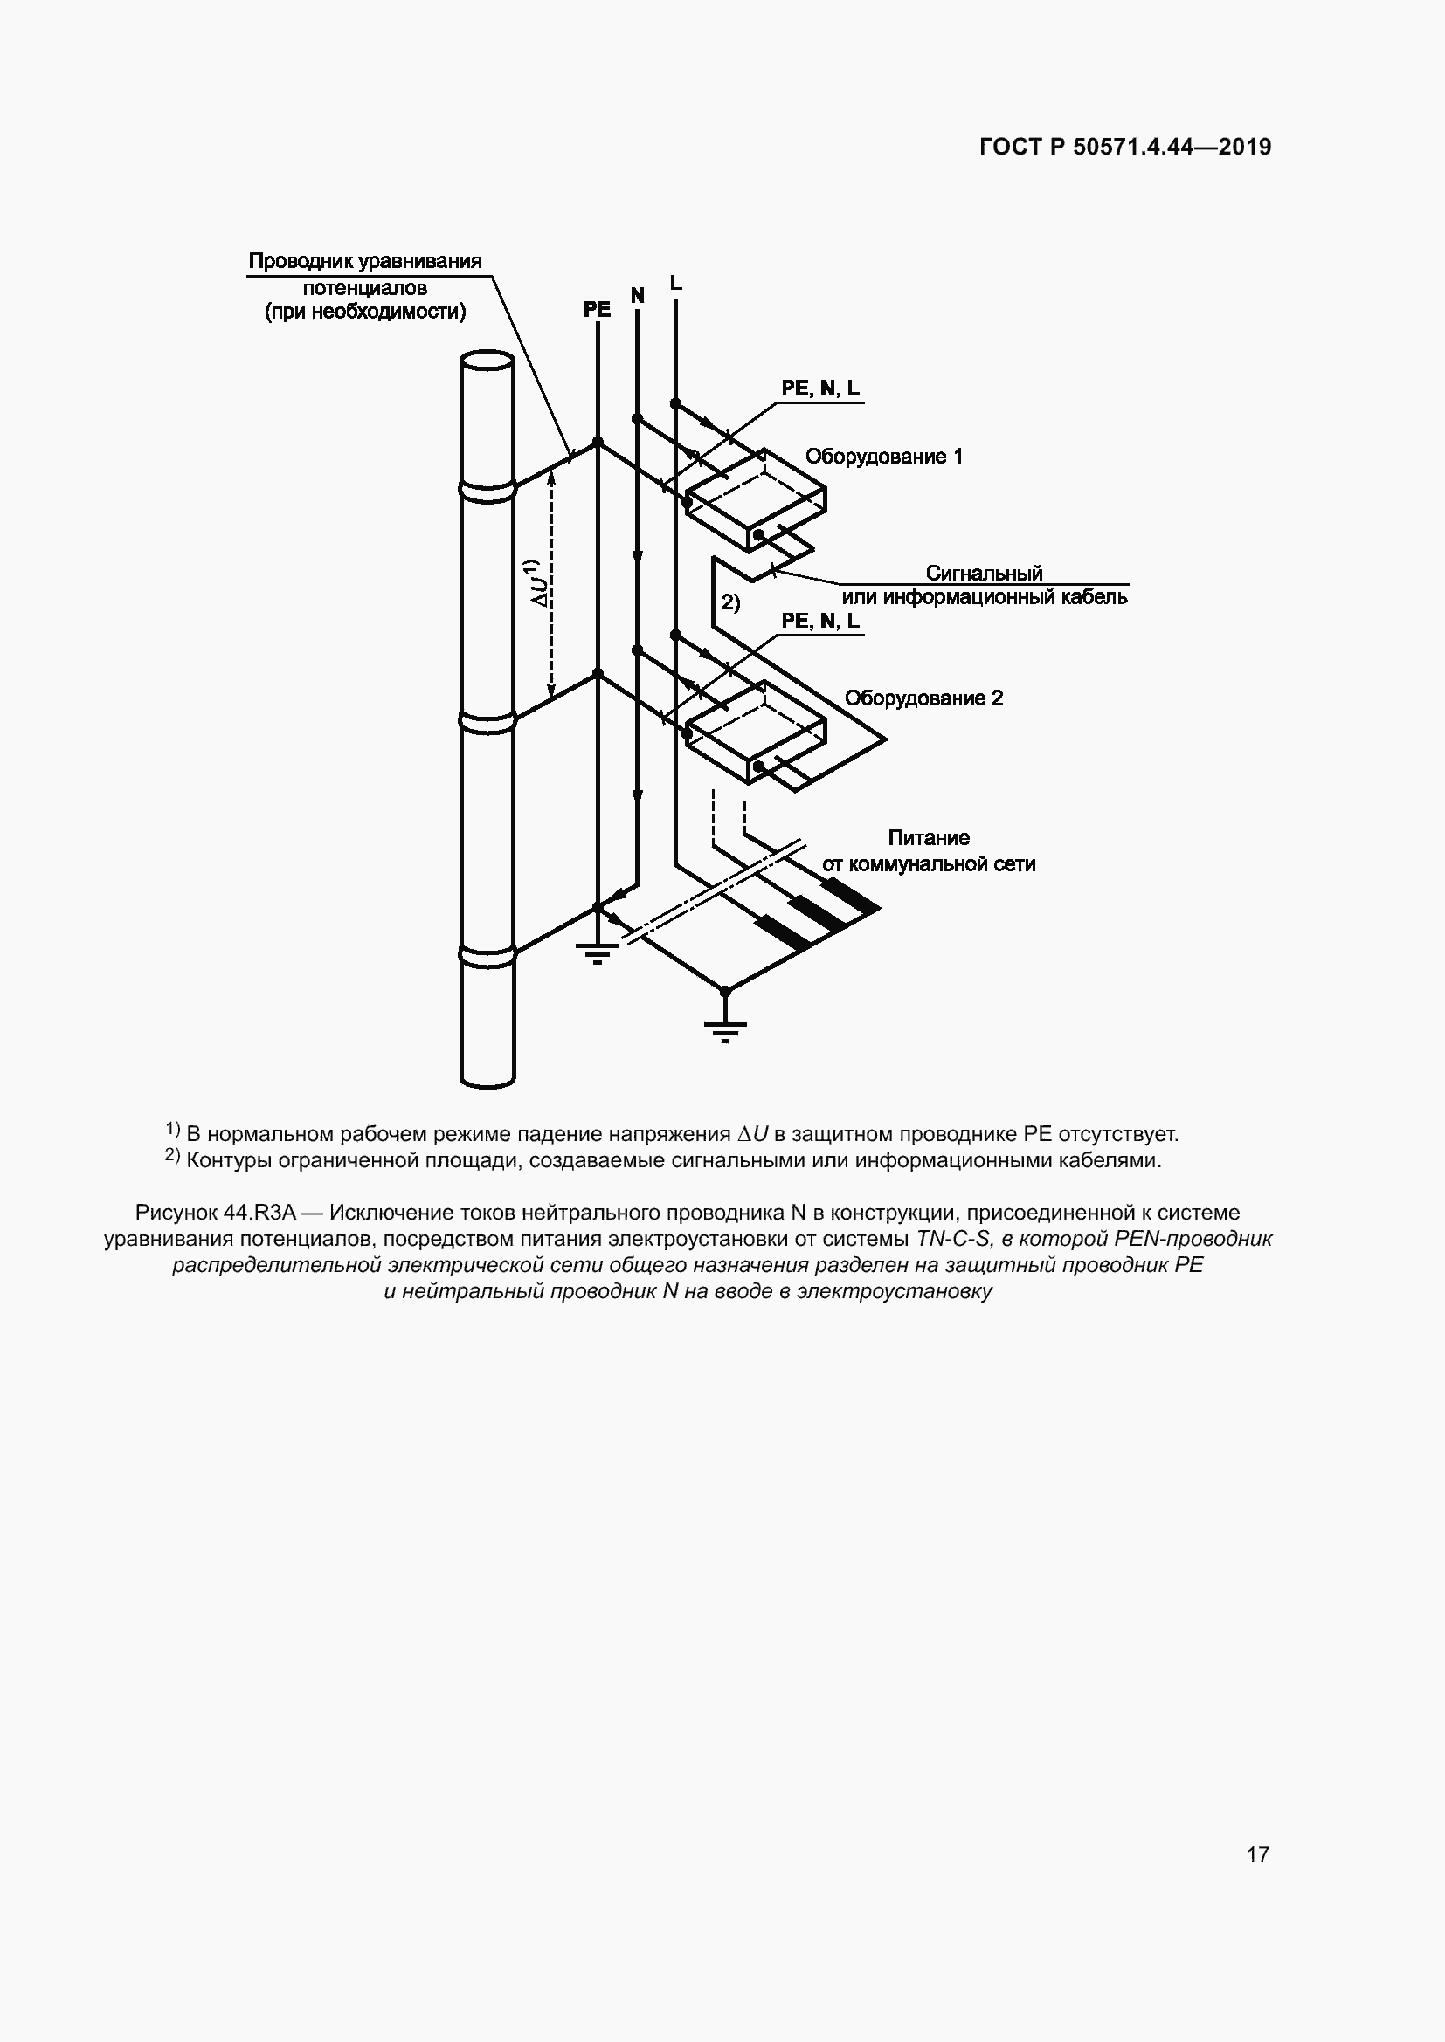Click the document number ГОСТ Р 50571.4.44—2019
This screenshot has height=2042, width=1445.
(1124, 148)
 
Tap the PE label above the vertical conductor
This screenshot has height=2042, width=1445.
(597, 310)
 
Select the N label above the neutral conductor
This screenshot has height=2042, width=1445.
(637, 295)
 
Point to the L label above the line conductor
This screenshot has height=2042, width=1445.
(675, 284)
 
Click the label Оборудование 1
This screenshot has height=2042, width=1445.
(883, 457)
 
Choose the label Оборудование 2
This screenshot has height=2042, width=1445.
(923, 698)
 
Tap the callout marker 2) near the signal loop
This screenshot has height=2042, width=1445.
(729, 603)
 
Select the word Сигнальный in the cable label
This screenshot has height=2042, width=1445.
(983, 573)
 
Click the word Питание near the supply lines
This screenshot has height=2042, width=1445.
(928, 838)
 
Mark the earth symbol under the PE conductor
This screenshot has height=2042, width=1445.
(597, 953)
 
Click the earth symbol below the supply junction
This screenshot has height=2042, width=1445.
(725, 1030)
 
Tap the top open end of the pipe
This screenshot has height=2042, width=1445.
(487, 362)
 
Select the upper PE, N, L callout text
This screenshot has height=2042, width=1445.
(820, 388)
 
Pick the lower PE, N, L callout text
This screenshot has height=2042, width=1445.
(820, 622)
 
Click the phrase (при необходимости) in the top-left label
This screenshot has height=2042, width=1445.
(365, 313)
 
